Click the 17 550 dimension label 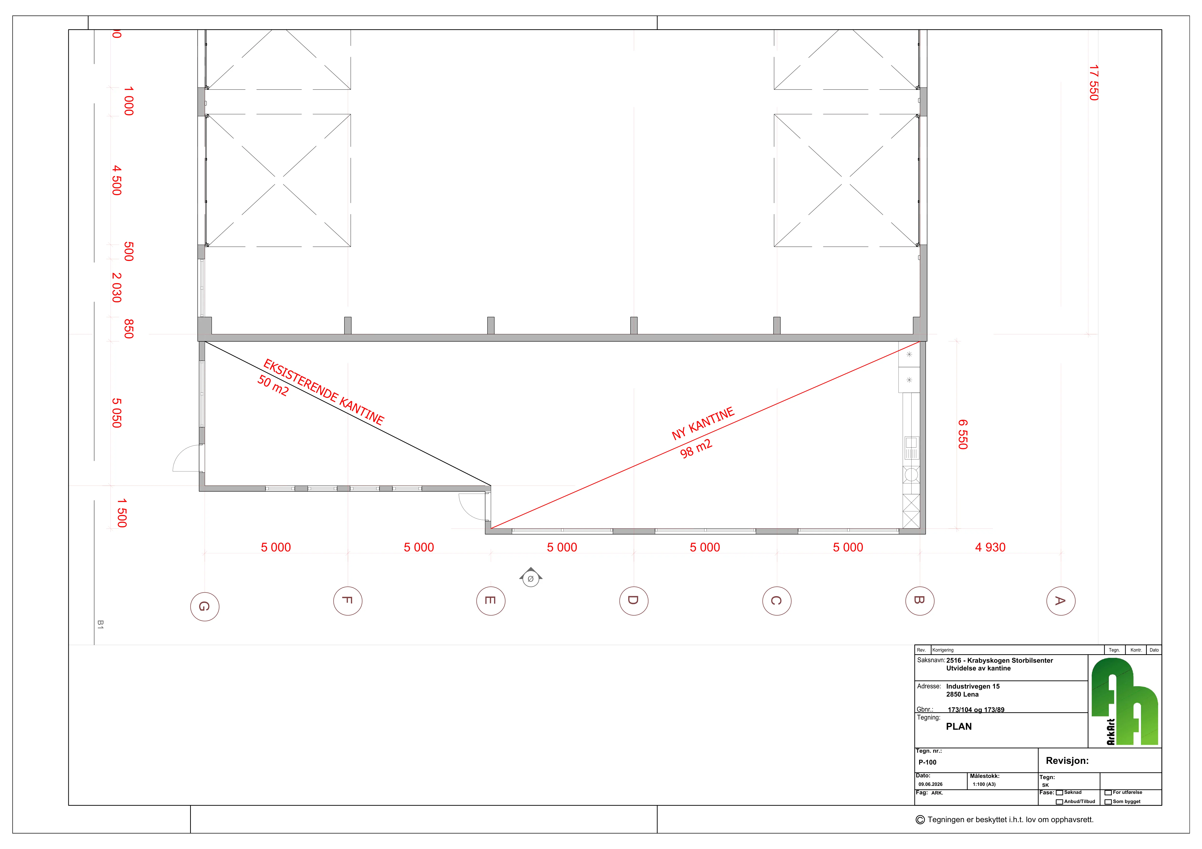(1094, 83)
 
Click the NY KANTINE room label (703, 424)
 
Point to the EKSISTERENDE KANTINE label (324, 391)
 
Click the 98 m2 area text (696, 449)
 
